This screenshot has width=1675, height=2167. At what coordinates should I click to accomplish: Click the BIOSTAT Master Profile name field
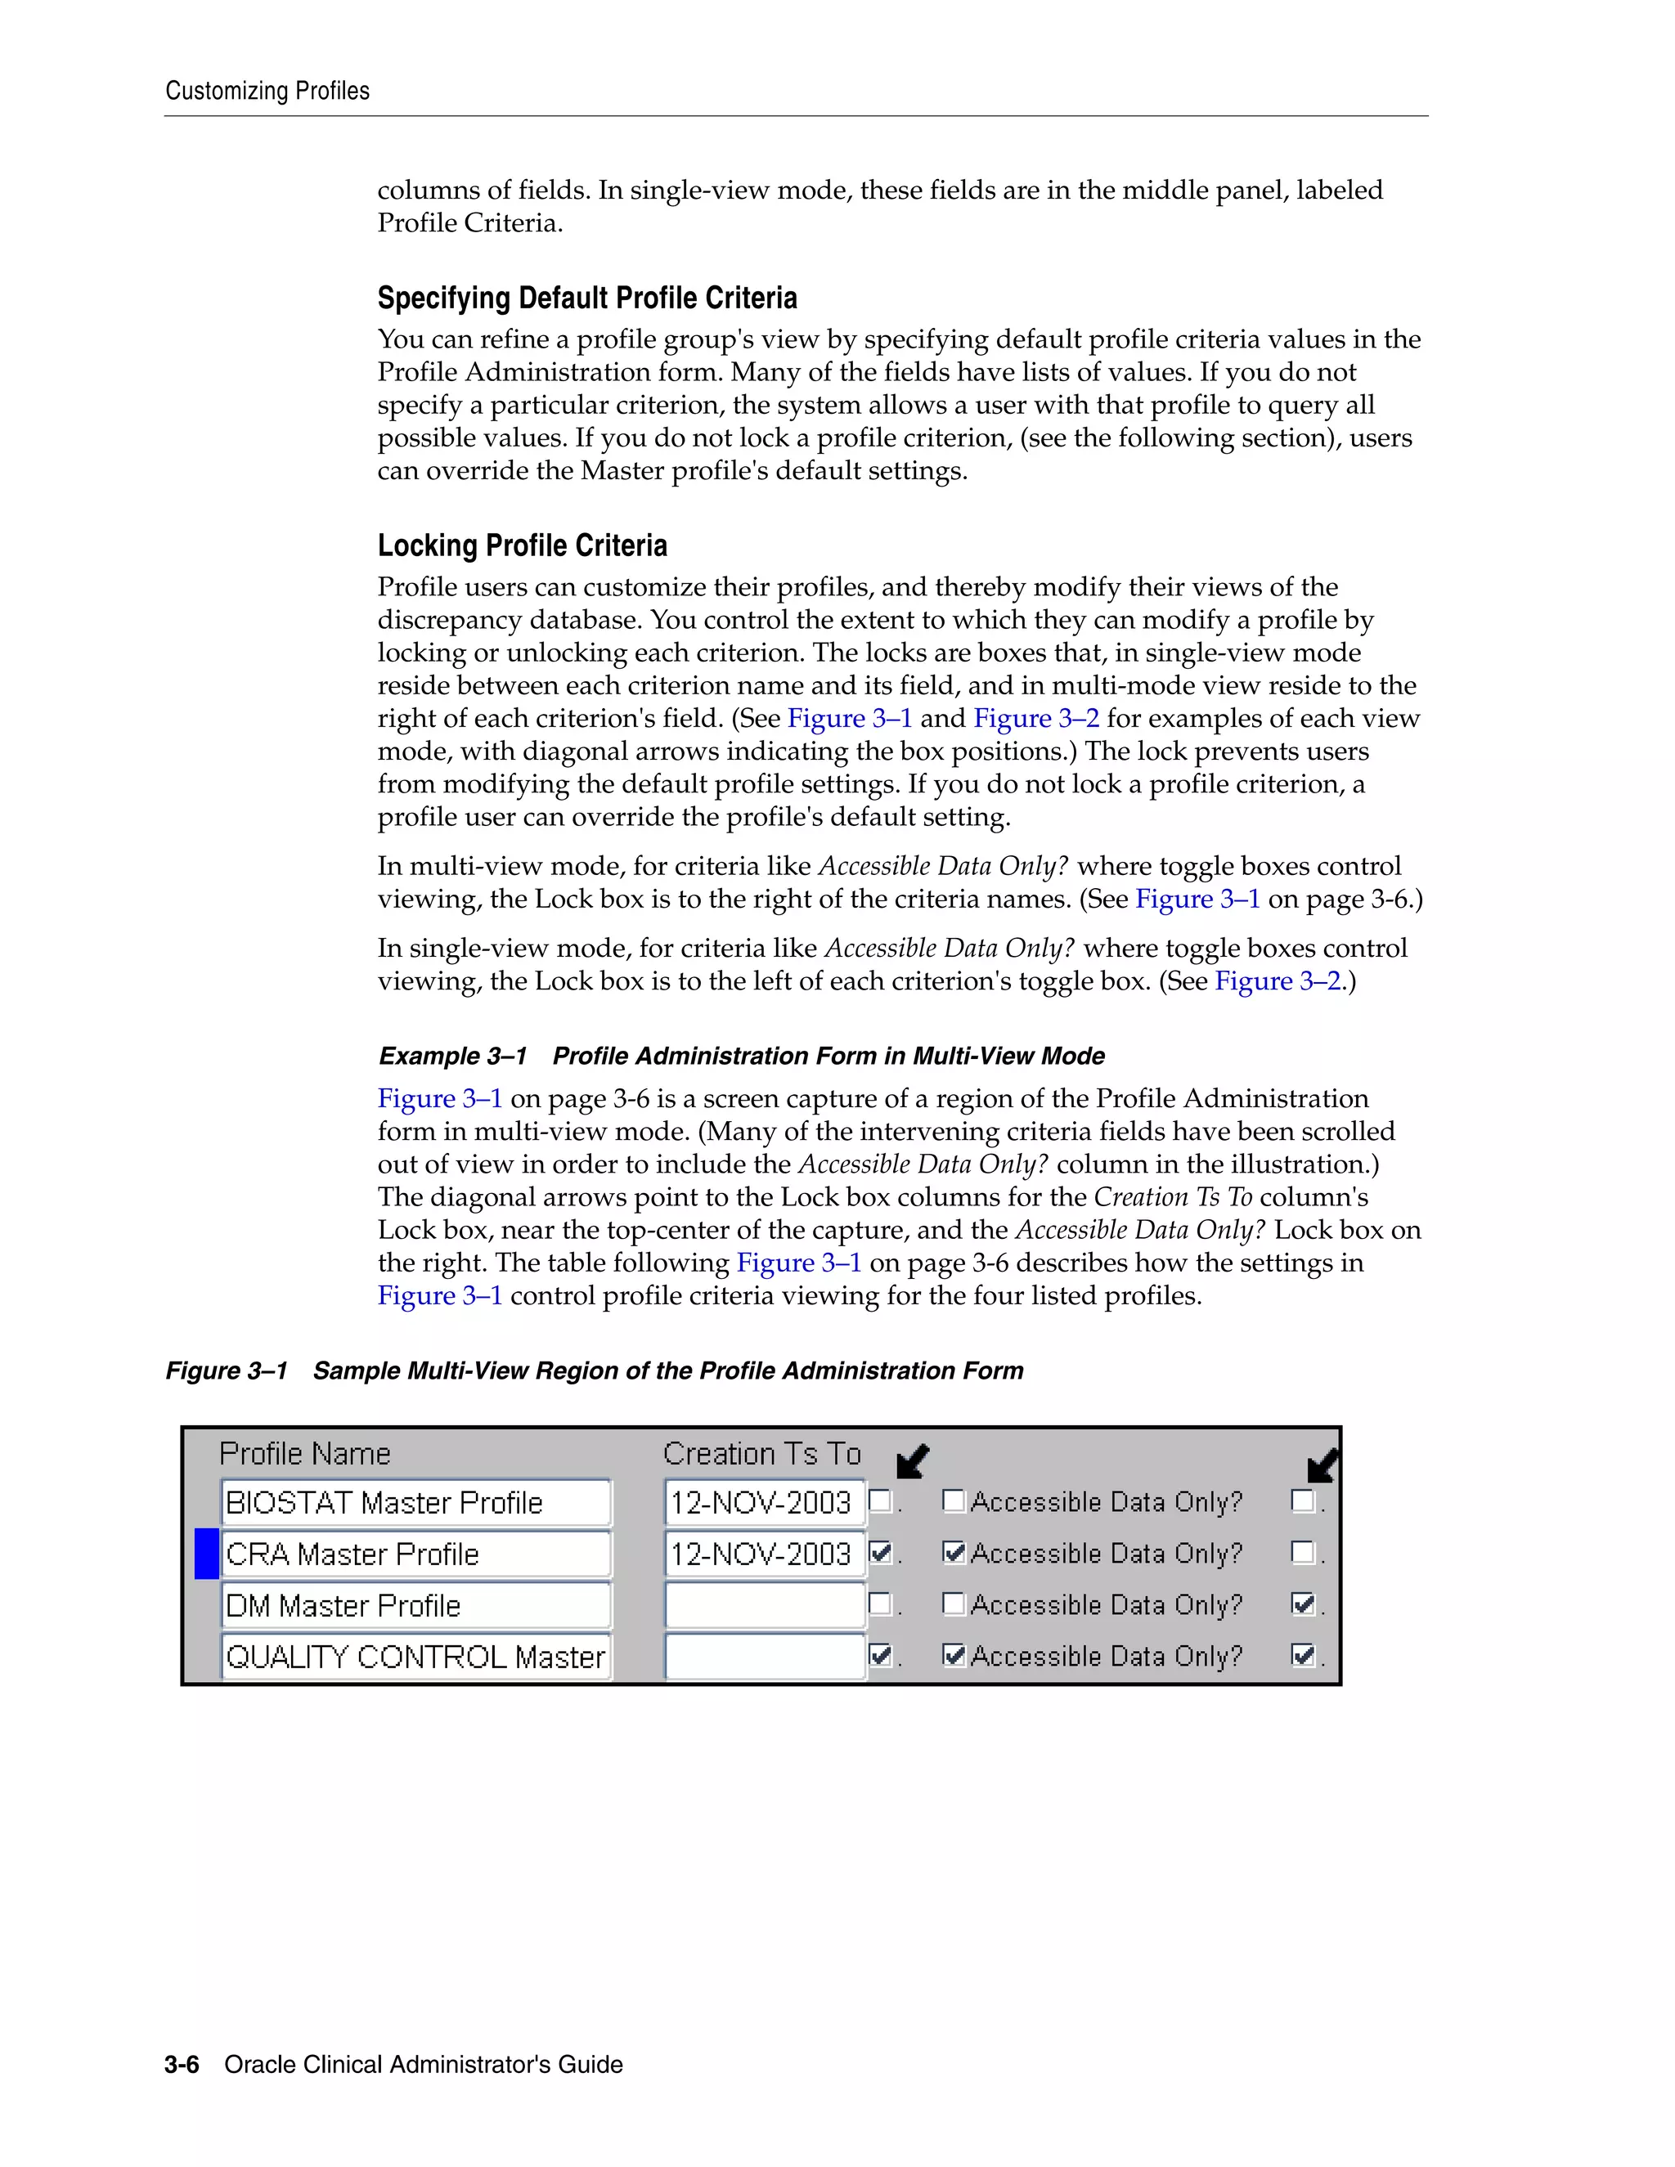[415, 1502]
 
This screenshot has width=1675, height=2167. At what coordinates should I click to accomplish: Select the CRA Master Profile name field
[415, 1554]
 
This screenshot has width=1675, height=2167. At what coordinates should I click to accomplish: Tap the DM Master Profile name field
[415, 1605]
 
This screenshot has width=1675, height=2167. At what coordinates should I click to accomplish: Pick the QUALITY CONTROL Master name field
[415, 1657]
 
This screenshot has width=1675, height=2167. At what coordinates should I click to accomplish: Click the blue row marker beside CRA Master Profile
[206, 1554]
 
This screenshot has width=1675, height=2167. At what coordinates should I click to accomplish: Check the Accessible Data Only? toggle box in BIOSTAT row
[953, 1501]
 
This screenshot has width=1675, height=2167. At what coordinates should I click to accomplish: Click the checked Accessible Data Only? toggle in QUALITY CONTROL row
[953, 1655]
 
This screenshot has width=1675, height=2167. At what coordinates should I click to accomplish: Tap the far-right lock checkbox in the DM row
[1303, 1604]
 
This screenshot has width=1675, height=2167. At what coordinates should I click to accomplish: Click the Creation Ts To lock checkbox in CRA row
[879, 1552]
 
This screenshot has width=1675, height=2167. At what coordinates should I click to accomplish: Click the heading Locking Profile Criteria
[522, 545]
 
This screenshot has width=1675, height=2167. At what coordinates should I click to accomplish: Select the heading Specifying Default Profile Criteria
[586, 298]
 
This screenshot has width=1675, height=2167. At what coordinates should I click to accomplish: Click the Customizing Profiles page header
[267, 92]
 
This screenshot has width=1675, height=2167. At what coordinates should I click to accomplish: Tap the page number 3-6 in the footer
[182, 2065]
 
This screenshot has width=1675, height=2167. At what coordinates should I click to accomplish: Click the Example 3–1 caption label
[452, 1056]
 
